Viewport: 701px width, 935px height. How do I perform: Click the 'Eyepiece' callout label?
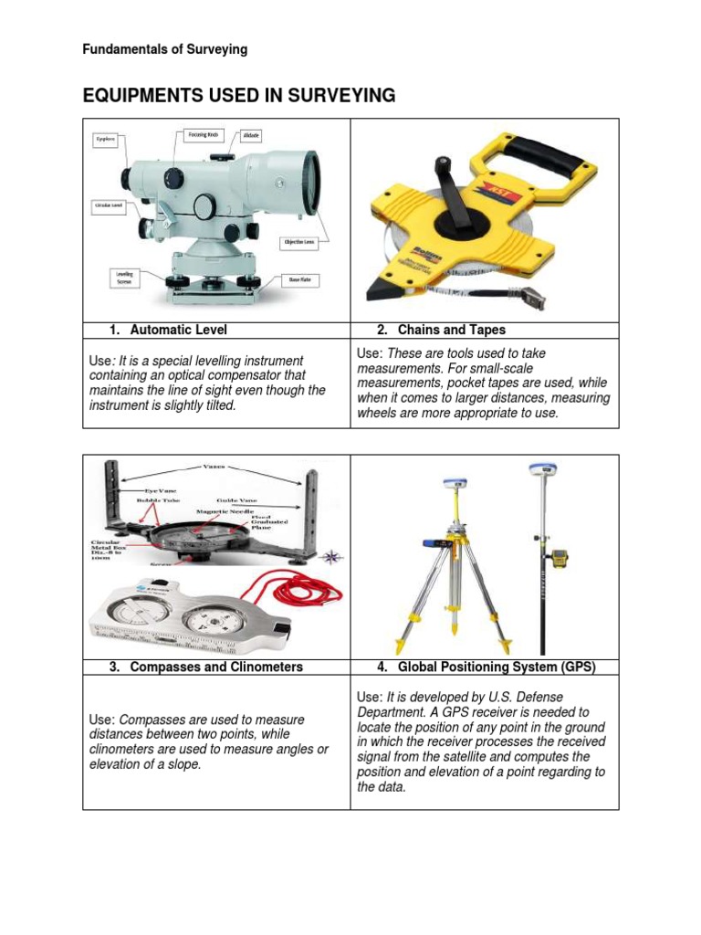pos(106,141)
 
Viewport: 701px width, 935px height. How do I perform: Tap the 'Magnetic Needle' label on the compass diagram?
pos(223,513)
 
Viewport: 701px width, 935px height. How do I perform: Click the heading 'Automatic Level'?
pos(179,330)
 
